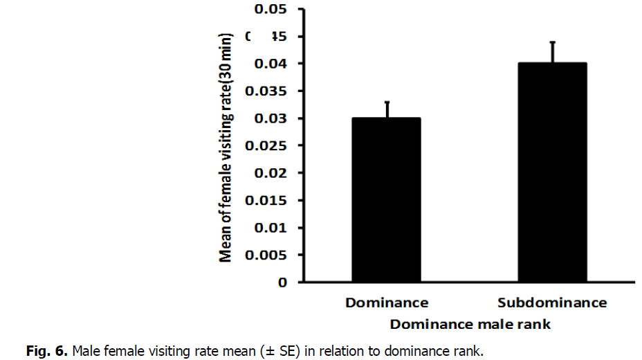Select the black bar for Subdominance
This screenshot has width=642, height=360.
552,172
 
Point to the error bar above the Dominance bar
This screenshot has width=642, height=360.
387,109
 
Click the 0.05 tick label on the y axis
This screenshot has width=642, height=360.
270,10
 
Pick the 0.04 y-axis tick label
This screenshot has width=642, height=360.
270,64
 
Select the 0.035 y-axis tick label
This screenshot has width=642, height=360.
266,91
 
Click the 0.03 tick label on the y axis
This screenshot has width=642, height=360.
270,118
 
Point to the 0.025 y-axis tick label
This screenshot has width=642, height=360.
266,146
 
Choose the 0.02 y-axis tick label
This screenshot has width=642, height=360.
270,173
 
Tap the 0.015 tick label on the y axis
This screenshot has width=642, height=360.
266,201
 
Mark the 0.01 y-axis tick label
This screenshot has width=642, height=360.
270,228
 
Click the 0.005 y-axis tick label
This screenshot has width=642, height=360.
266,255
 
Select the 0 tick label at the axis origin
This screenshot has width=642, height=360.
282,282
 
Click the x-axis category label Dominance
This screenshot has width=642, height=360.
387,303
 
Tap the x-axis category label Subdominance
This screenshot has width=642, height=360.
552,303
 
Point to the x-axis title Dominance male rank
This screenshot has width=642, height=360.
470,324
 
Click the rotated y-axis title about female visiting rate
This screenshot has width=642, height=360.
226,147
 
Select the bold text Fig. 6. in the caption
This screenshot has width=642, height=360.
47,351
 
